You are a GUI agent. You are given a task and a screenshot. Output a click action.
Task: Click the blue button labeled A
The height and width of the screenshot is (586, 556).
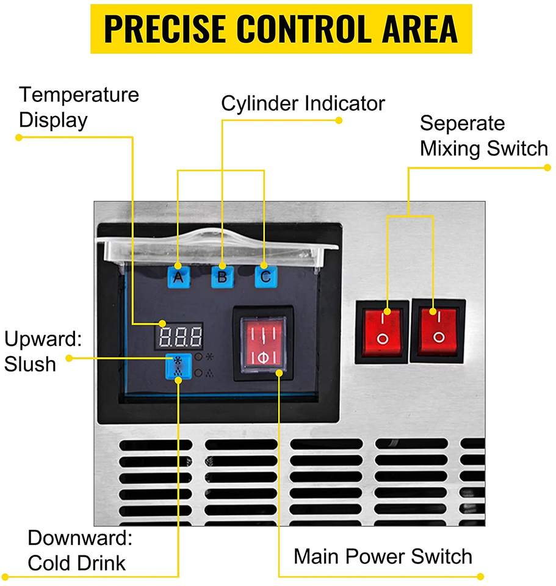coord(179,277)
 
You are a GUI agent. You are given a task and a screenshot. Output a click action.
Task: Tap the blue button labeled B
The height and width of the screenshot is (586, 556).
coord(222,277)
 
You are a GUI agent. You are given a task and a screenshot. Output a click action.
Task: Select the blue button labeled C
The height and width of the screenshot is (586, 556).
coord(265,277)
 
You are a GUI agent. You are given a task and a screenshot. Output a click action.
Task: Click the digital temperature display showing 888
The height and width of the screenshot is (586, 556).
coord(179,336)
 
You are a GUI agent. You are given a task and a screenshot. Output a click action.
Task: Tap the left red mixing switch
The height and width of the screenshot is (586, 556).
coord(381,331)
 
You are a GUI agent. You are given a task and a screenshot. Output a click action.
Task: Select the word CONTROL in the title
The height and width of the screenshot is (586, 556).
coord(303,29)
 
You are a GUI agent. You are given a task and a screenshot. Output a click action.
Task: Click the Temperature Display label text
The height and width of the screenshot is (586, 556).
coord(79,107)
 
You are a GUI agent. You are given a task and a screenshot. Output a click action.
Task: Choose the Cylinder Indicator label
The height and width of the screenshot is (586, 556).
coord(303,103)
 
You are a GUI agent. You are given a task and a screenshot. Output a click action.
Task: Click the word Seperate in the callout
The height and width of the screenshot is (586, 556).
coord(462,123)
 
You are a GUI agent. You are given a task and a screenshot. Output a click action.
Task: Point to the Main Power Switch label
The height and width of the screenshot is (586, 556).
coord(383,556)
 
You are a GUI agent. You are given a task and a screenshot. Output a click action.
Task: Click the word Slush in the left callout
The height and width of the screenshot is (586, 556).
coord(30,364)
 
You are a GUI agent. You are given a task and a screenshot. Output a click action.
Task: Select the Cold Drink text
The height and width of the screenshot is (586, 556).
coord(77,563)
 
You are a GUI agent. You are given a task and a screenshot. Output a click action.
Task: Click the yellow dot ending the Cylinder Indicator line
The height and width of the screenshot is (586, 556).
coord(339,120)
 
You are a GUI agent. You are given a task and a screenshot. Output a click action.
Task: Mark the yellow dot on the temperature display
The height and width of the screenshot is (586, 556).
coord(162,324)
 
